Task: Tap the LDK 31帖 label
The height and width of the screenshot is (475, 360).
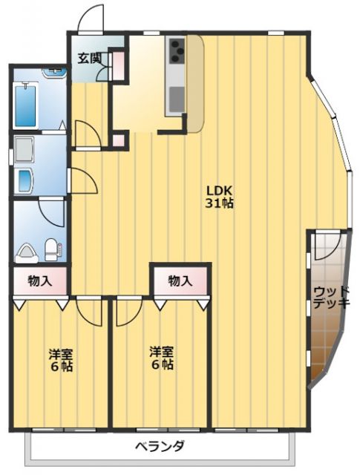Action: (x=220, y=195)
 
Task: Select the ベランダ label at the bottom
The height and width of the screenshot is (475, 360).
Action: (x=160, y=447)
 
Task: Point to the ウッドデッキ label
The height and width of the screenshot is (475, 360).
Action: (x=327, y=297)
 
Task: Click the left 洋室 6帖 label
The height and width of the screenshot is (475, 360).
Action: (x=61, y=359)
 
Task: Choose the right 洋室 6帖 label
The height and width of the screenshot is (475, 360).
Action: (x=161, y=358)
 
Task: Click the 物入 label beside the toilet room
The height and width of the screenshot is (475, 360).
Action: (x=39, y=281)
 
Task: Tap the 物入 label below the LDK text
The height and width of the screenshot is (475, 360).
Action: (x=180, y=281)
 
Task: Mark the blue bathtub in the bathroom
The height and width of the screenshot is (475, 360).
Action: (x=26, y=105)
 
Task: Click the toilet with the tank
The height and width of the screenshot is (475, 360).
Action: (x=51, y=249)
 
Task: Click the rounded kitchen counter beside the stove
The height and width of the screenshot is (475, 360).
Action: (x=194, y=82)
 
